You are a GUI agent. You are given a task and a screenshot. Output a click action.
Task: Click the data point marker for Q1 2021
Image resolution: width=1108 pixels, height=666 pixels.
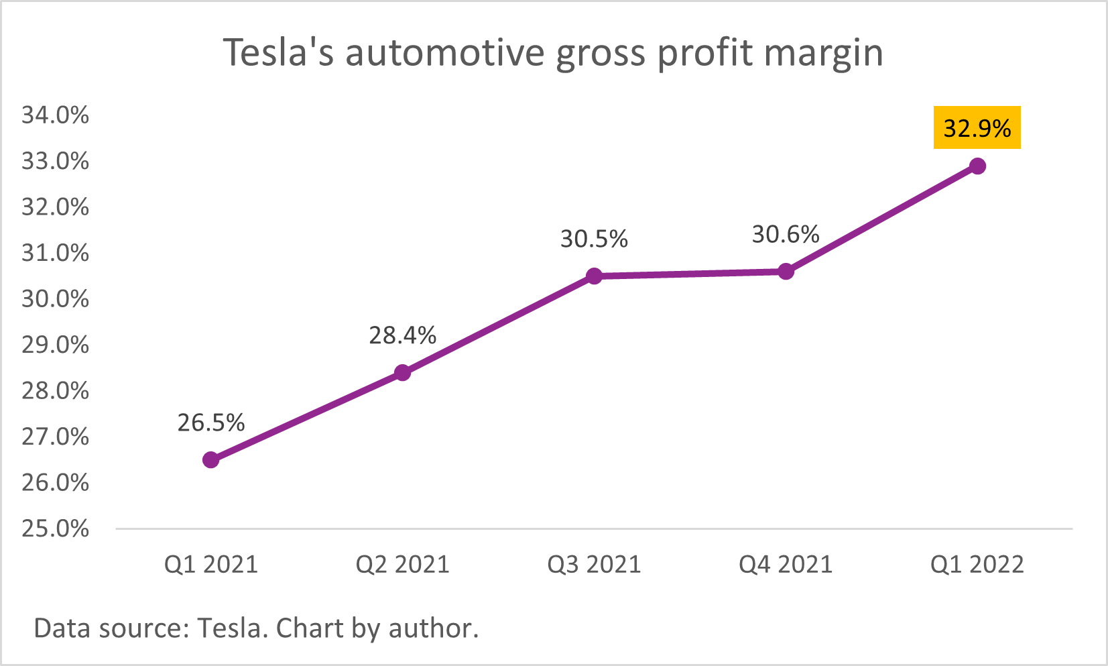(x=210, y=460)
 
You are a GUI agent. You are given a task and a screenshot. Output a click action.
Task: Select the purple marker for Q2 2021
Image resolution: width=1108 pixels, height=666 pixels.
(x=402, y=373)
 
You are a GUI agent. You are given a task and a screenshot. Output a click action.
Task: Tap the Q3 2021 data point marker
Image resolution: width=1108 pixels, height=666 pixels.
(x=594, y=276)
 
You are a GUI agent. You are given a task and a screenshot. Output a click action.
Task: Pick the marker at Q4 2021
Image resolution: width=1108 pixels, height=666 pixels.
(x=786, y=272)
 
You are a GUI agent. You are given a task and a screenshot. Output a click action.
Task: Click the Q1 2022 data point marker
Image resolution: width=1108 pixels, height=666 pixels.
(x=977, y=166)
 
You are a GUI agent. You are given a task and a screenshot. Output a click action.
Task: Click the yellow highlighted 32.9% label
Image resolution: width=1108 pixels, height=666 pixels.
(x=977, y=127)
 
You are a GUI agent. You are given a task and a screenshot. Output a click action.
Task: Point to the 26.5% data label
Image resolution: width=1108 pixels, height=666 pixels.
(x=210, y=423)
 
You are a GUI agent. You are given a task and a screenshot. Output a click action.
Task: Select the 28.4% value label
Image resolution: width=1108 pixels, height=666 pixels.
(x=402, y=335)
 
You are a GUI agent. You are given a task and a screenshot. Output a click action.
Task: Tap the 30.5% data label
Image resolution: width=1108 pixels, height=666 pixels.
(x=594, y=239)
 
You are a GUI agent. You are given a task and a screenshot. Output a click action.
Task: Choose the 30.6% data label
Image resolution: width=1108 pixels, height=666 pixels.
(x=786, y=234)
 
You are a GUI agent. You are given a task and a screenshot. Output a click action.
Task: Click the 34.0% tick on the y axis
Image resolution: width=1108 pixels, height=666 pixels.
(x=55, y=115)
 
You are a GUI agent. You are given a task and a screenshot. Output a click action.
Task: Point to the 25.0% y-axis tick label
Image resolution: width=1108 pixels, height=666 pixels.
(x=55, y=529)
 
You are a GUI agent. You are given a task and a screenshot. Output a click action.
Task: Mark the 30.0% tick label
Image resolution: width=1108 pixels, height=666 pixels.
(x=55, y=299)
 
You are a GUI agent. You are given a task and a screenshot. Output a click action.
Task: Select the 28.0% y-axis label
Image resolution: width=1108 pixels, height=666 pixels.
(x=55, y=391)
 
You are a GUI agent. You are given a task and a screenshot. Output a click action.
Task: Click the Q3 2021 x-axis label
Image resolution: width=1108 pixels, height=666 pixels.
(x=594, y=565)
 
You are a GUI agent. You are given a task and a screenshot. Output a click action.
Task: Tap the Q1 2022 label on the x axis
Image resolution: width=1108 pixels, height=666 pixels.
(x=977, y=565)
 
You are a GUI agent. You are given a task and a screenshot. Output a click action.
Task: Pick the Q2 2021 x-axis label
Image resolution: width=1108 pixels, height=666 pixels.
(x=402, y=565)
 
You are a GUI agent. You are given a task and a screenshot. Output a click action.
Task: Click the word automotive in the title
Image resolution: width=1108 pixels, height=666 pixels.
(x=444, y=53)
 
